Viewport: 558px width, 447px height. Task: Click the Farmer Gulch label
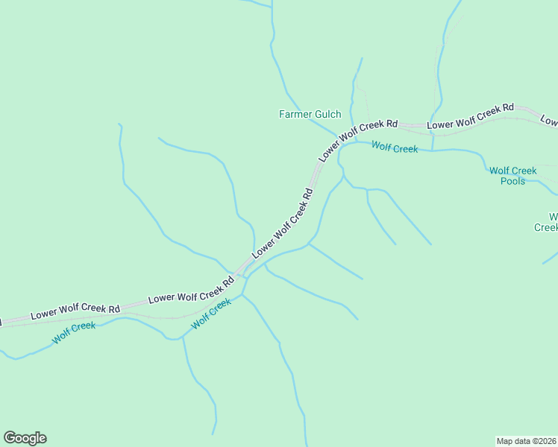point(310,114)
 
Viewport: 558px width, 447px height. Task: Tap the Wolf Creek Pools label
point(512,176)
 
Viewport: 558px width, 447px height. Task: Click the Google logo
point(25,438)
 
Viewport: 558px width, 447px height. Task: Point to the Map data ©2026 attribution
point(526,440)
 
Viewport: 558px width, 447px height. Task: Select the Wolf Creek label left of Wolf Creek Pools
point(395,148)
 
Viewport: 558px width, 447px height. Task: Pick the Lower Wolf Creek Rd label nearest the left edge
point(75,312)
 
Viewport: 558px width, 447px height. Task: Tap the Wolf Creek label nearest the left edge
point(74,332)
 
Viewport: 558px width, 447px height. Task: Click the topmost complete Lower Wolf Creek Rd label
point(471,116)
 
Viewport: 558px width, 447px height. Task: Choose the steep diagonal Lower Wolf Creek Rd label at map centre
point(283,224)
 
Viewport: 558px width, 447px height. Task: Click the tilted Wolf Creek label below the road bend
point(211,314)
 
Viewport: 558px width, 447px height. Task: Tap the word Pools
point(512,181)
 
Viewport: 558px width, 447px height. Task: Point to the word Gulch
point(327,114)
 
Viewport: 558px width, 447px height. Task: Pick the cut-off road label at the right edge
point(549,121)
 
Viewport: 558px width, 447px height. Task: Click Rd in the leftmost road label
point(113,308)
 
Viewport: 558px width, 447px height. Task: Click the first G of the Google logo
point(10,438)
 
